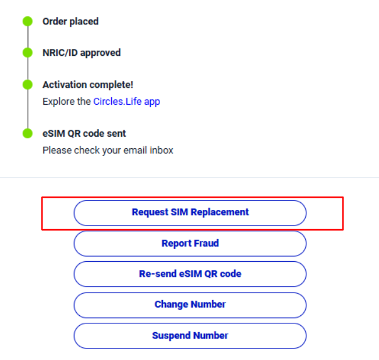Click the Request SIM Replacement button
pyautogui.click(x=190, y=213)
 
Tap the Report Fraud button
pyautogui.click(x=190, y=244)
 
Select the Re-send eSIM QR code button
pyautogui.click(x=190, y=274)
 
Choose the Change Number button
pyautogui.click(x=190, y=305)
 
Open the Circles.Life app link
pyautogui.click(x=127, y=102)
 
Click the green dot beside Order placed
pyautogui.click(x=27, y=22)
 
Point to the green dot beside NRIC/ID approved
pyautogui.click(x=27, y=53)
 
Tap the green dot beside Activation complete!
pyautogui.click(x=27, y=84)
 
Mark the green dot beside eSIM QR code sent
pyautogui.click(x=27, y=133)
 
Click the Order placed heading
pyautogui.click(x=70, y=22)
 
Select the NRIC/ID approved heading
pyautogui.click(x=82, y=53)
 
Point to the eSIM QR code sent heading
pyautogui.click(x=84, y=134)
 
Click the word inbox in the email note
pyautogui.click(x=161, y=150)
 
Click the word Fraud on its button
pyautogui.click(x=206, y=243)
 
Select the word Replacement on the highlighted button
pyautogui.click(x=219, y=212)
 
